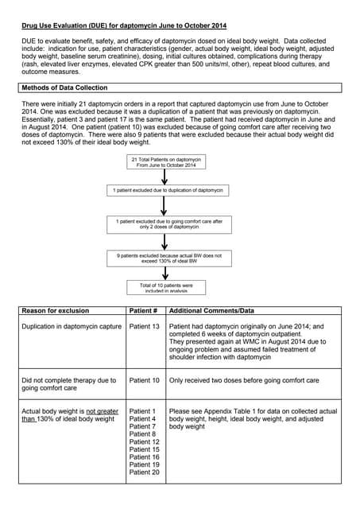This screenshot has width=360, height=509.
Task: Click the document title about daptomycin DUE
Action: [123, 26]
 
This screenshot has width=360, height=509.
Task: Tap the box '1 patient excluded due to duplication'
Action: [168, 191]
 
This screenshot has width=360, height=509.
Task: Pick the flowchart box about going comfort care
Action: [168, 223]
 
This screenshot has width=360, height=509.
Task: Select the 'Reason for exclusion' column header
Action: [56, 310]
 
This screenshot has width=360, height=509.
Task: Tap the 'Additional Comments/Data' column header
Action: [211, 310]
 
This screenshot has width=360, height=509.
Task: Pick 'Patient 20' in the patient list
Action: [144, 472]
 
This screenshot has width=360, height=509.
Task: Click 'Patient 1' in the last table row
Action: [142, 411]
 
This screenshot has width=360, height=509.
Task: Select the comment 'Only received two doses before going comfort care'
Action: [244, 380]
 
